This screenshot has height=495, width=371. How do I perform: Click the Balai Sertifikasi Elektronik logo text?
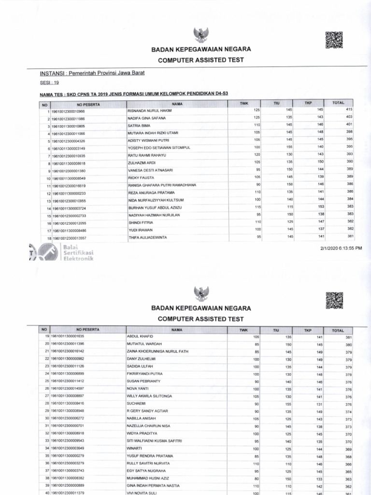(x=77, y=252)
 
